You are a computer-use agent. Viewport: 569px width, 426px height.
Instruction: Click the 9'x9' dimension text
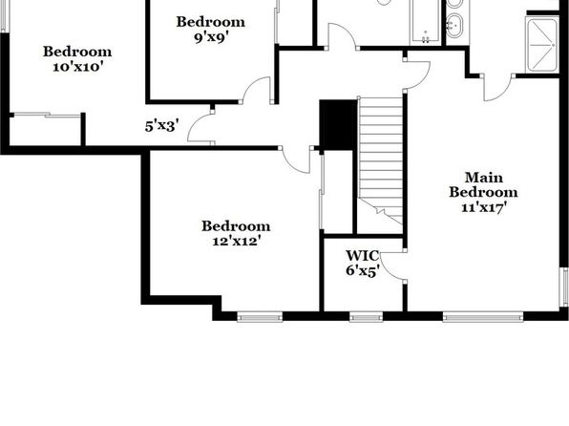tap(211, 37)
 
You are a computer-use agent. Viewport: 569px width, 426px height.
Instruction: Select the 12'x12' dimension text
tap(237, 241)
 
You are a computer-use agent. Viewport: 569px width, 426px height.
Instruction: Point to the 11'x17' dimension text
tap(484, 207)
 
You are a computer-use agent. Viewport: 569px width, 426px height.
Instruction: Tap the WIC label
tap(362, 256)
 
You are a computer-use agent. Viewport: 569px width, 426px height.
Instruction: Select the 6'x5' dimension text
tap(363, 270)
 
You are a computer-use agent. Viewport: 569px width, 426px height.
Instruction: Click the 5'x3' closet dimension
tap(161, 126)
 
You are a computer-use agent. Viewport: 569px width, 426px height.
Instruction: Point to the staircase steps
tap(380, 160)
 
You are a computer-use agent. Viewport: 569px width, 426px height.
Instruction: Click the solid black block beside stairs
tap(338, 125)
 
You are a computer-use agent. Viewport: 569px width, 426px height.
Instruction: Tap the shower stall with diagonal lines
tap(542, 45)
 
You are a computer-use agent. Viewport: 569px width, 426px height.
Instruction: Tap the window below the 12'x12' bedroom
tap(260, 318)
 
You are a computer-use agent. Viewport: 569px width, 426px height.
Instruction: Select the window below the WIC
tap(367, 318)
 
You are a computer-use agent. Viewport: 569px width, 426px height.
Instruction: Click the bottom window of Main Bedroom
tap(483, 318)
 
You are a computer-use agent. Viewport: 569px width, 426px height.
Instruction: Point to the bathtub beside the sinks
tap(425, 22)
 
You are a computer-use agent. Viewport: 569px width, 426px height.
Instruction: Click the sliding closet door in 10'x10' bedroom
tap(47, 116)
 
